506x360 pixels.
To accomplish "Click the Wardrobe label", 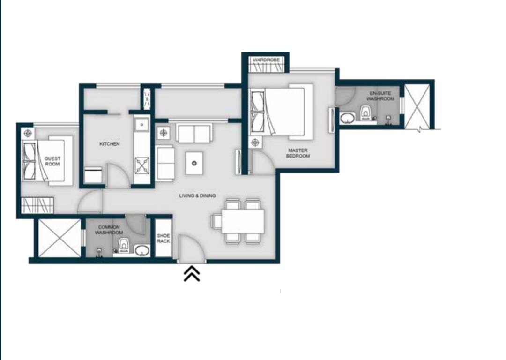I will click(266, 60).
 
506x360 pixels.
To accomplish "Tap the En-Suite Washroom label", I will click(380, 96).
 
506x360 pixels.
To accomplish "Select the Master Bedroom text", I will click(298, 153).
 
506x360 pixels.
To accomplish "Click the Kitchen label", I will click(110, 144).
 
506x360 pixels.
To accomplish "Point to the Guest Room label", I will click(52, 161).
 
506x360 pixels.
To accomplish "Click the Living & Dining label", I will click(197, 196).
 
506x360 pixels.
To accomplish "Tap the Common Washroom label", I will click(109, 230).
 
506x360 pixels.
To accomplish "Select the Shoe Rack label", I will click(164, 238).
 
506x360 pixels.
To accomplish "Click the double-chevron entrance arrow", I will click(192, 274).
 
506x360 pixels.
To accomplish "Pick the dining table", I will click(243, 221).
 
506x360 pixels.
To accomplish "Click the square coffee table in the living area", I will click(194, 163).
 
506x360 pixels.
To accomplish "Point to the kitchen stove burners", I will click(142, 165).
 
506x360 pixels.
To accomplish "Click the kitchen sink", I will click(141, 125).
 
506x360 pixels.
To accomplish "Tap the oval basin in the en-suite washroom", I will click(347, 117).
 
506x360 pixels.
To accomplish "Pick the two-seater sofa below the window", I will click(194, 134).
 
